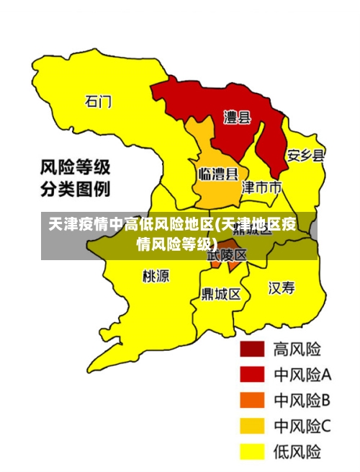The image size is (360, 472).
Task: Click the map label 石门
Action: tap(98, 102)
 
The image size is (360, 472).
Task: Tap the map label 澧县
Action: tap(237, 117)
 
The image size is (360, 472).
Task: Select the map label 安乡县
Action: tap(305, 156)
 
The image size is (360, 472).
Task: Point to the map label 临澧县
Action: tap(217, 174)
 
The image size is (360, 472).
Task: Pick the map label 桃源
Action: tap(156, 275)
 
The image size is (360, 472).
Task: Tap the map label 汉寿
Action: tap(282, 288)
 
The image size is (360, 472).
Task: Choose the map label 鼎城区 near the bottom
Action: tap(221, 294)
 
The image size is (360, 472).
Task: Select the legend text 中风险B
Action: tap(302, 400)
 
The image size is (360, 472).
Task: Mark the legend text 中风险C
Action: tap(302, 426)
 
